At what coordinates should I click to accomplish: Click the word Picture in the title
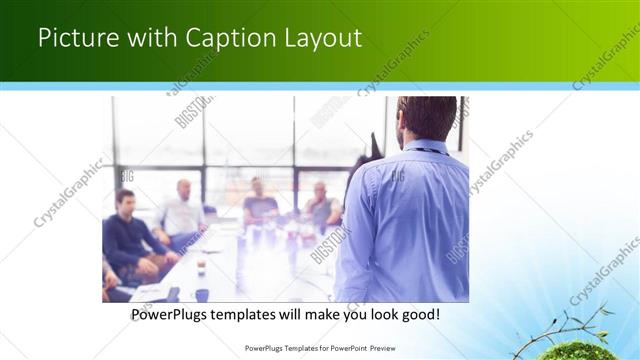pos(75,38)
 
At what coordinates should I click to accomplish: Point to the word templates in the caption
pos(259,314)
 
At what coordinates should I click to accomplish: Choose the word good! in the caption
pos(417,314)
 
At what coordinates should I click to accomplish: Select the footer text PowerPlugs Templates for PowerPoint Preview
pos(320,348)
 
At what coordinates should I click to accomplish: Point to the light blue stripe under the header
pos(320,86)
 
